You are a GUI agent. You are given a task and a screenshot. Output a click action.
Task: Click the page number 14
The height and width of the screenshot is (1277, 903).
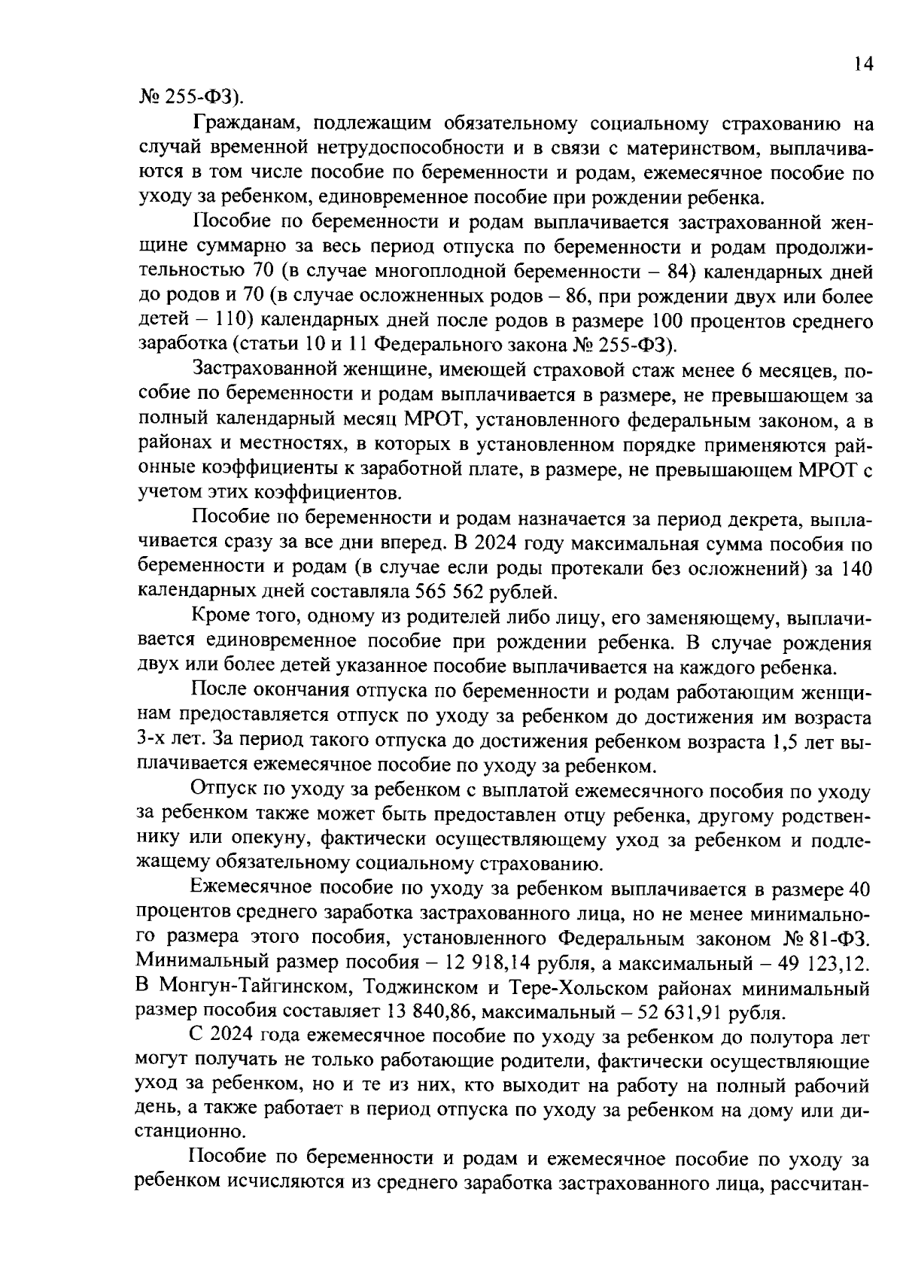[864, 65]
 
